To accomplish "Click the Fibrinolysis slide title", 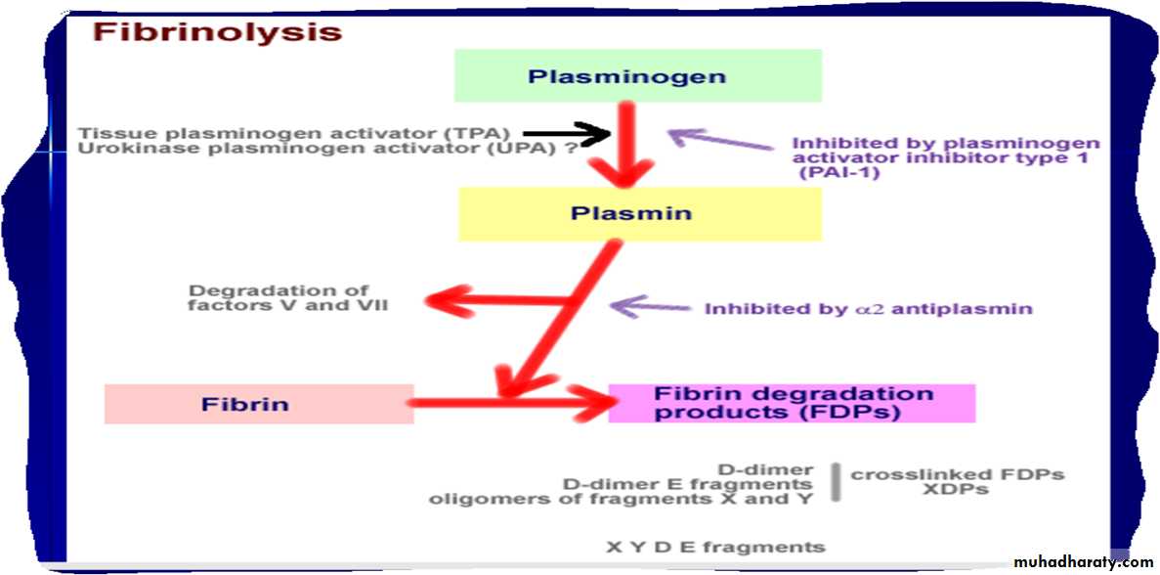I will [217, 31].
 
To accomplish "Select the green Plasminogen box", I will [638, 75].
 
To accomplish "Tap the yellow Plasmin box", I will [639, 213].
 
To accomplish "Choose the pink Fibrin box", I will [259, 403].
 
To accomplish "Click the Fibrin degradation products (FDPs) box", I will [792, 403].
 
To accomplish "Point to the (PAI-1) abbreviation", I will [839, 173].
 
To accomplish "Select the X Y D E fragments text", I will [714, 547].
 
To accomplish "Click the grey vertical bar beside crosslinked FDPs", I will [837, 481].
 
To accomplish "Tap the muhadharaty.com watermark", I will [1083, 562].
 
